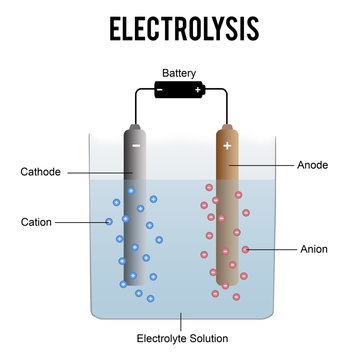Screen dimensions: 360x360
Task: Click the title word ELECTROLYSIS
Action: (x=181, y=27)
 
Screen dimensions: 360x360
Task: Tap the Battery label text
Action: (x=180, y=73)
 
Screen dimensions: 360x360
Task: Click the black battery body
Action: (x=180, y=90)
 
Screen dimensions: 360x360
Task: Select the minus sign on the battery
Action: (x=160, y=90)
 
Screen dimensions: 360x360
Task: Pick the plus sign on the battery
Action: (x=199, y=90)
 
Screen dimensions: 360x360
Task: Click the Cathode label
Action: (x=41, y=172)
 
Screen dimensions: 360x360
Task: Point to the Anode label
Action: (x=315, y=164)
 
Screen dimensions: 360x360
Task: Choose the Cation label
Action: (x=36, y=221)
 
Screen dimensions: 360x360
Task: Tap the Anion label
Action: (x=314, y=248)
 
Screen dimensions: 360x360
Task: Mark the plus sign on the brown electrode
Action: (x=227, y=145)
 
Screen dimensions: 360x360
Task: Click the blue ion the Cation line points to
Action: (x=109, y=221)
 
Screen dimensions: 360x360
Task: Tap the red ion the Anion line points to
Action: (x=245, y=249)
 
